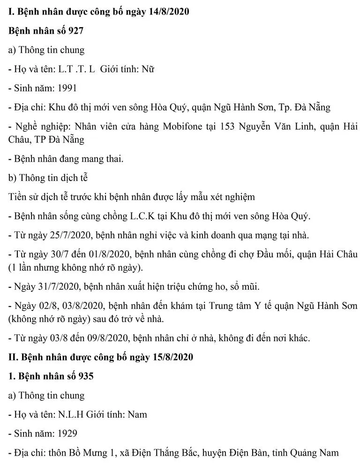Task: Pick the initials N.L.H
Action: point(73,414)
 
